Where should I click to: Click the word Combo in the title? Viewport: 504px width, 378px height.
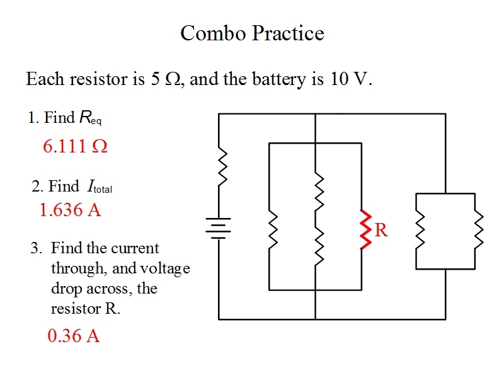click(210, 33)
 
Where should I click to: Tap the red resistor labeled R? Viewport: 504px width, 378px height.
click(364, 229)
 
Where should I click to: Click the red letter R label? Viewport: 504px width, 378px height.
click(381, 231)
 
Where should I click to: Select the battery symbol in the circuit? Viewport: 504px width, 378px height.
click(219, 228)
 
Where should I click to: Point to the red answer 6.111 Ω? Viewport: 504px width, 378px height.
click(75, 146)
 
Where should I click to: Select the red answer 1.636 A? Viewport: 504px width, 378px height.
click(70, 210)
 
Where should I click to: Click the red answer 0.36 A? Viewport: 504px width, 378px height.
click(74, 336)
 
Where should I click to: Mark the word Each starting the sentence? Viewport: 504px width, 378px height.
click(46, 80)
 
